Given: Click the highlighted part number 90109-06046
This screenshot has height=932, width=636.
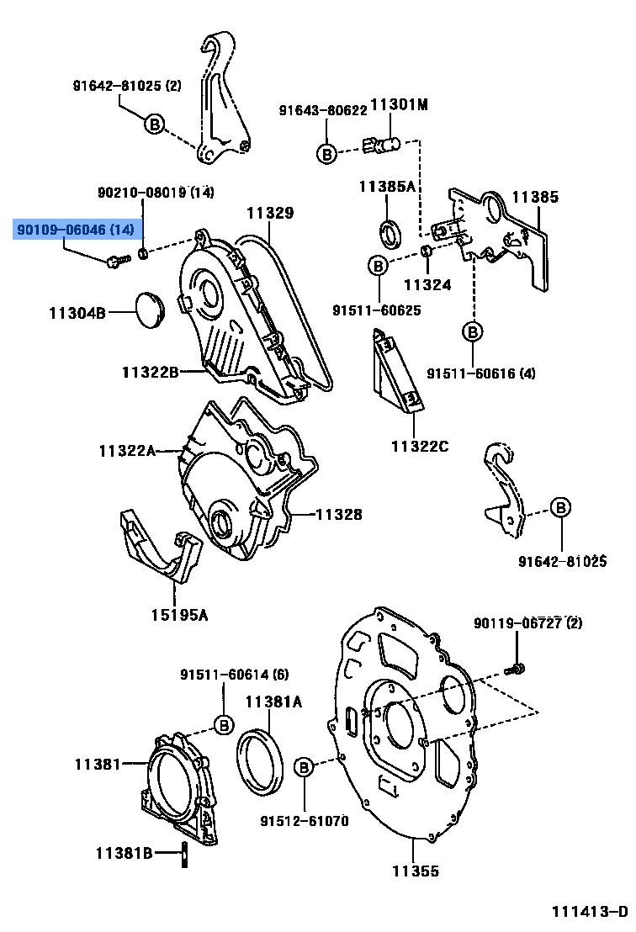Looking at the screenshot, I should tap(75, 229).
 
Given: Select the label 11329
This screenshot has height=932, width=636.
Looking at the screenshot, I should tap(270, 214).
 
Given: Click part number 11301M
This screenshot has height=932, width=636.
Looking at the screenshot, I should tap(399, 105).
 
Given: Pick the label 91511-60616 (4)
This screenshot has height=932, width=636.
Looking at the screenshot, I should tap(480, 373).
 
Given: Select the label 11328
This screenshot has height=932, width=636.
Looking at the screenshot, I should tap(339, 513).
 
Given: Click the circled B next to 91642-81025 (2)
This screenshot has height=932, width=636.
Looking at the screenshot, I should tap(154, 124).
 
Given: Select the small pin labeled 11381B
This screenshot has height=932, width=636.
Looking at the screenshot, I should tap(183, 852).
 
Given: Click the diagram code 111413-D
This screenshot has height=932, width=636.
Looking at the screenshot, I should tap(589, 912).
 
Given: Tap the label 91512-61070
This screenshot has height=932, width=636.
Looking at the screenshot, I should tap(304, 820).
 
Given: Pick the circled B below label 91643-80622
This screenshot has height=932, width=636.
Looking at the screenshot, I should tap(327, 153).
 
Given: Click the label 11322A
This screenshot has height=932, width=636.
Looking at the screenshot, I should tap(127, 451).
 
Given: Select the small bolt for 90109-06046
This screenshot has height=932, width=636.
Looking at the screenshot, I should tap(116, 262).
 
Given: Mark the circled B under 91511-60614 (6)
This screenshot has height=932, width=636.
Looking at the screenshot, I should tap(224, 724).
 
